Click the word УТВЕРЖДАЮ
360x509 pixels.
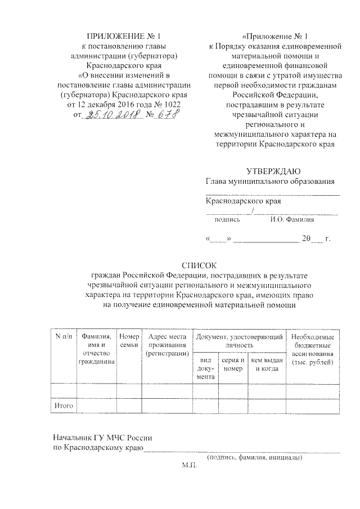273,171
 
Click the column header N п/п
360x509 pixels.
63,336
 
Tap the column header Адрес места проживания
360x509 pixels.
166,344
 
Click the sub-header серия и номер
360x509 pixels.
233,364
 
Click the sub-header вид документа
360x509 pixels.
205,368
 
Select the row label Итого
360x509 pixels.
63,405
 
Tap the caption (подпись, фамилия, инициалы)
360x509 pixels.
254,458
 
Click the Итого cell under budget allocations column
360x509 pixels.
313,405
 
